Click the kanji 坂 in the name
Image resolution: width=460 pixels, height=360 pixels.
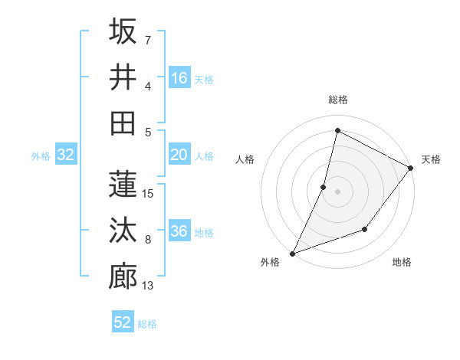[123, 31]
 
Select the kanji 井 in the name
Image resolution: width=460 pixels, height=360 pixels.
[123, 77]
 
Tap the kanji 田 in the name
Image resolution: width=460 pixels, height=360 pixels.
[123, 123]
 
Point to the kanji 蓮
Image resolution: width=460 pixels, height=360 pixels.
[123, 185]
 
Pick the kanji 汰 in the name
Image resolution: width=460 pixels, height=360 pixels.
[123, 231]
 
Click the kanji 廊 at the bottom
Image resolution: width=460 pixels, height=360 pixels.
[123, 277]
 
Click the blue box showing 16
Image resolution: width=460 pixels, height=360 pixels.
[179, 78]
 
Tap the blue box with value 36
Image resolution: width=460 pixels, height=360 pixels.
[179, 232]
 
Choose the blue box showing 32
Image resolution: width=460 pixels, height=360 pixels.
[66, 155]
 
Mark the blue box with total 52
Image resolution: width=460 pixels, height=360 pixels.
[123, 322]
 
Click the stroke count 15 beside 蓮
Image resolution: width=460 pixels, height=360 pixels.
[149, 194]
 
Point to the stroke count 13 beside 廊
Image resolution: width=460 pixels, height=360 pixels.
[149, 286]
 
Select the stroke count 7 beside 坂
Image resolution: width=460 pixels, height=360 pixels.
[147, 40]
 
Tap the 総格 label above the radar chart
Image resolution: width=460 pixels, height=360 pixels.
[337, 100]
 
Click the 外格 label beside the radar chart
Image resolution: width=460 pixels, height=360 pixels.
[270, 262]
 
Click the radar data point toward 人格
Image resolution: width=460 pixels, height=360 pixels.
[324, 187]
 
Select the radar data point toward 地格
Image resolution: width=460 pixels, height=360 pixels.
[366, 229]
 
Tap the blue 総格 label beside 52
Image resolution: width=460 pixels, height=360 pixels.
[147, 323]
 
